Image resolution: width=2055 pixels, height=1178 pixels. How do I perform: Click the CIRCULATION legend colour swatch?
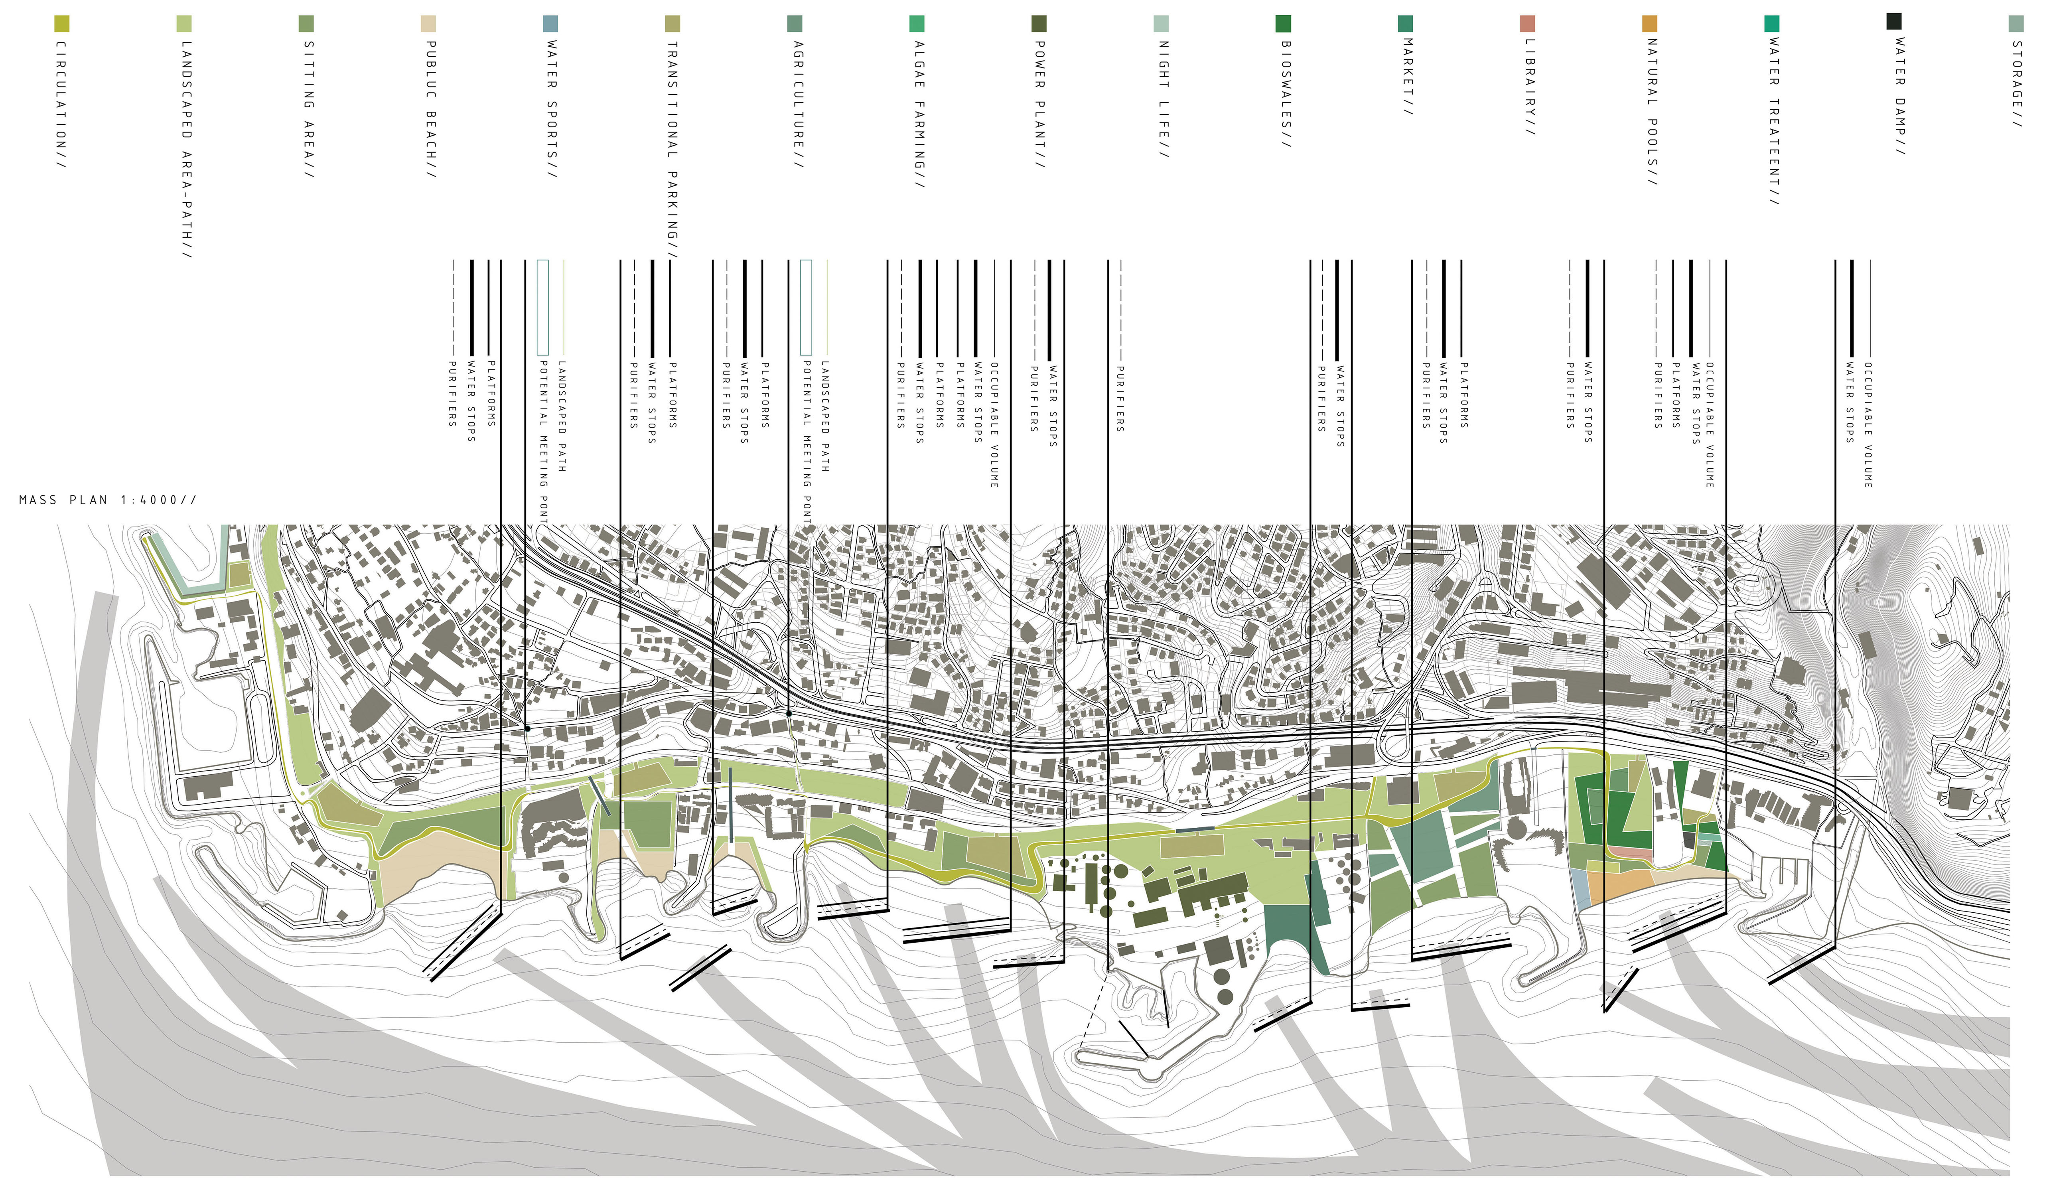(61, 24)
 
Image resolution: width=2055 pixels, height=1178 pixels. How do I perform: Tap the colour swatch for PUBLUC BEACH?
(429, 24)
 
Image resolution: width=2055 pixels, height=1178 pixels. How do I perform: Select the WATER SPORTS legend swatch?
(551, 24)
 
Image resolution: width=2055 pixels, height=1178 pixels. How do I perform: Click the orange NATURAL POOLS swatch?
(1650, 24)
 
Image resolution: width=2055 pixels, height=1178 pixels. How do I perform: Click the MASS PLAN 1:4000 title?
(108, 500)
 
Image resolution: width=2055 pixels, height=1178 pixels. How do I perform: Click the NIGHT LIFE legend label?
(1163, 99)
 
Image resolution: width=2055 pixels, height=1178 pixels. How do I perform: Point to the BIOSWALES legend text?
(1285, 94)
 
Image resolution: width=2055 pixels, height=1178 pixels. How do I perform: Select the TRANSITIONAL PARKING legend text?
(672, 150)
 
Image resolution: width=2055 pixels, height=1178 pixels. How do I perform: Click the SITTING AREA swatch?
(306, 24)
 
